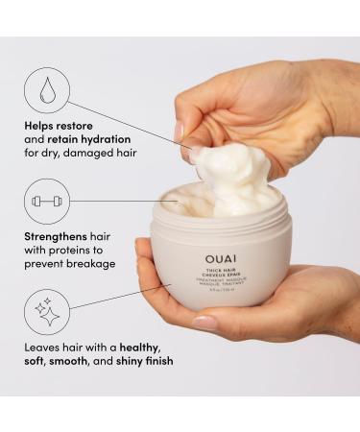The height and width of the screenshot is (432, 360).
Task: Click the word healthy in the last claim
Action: [135, 345]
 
